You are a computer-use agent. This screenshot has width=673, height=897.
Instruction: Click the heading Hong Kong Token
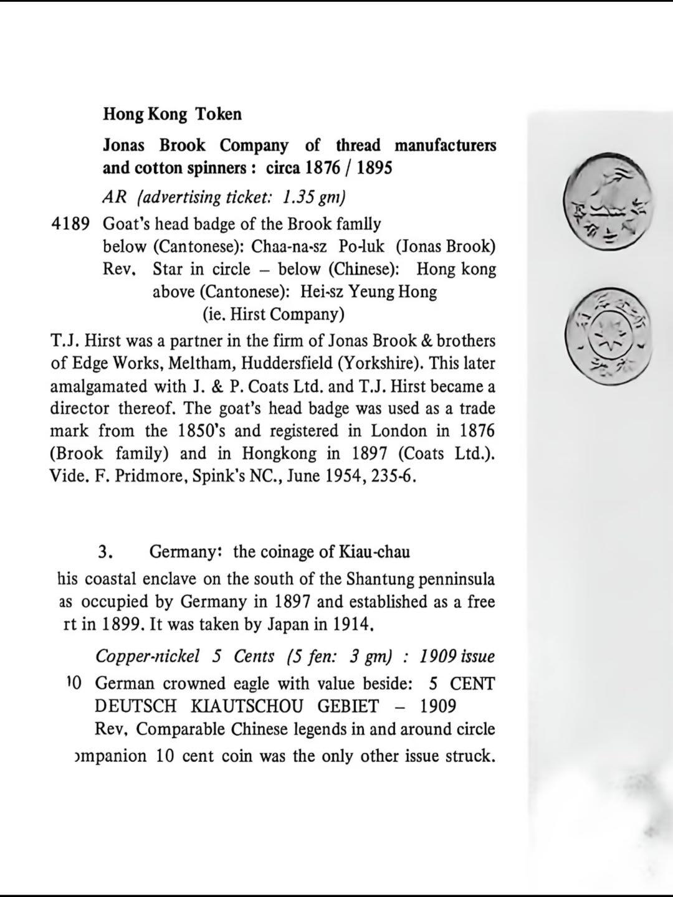pyautogui.click(x=172, y=114)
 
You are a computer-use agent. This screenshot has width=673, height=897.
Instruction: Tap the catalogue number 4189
pyautogui.click(x=71, y=224)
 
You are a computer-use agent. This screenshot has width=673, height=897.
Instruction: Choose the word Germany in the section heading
pyautogui.click(x=185, y=552)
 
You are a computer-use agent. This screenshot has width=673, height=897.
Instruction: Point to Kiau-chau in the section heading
pyautogui.click(x=374, y=552)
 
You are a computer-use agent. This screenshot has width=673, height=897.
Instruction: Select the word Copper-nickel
pyautogui.click(x=148, y=657)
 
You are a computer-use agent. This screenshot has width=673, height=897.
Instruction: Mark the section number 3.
pyautogui.click(x=105, y=552)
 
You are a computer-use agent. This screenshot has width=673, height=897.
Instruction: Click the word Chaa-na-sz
pyautogui.click(x=289, y=247)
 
